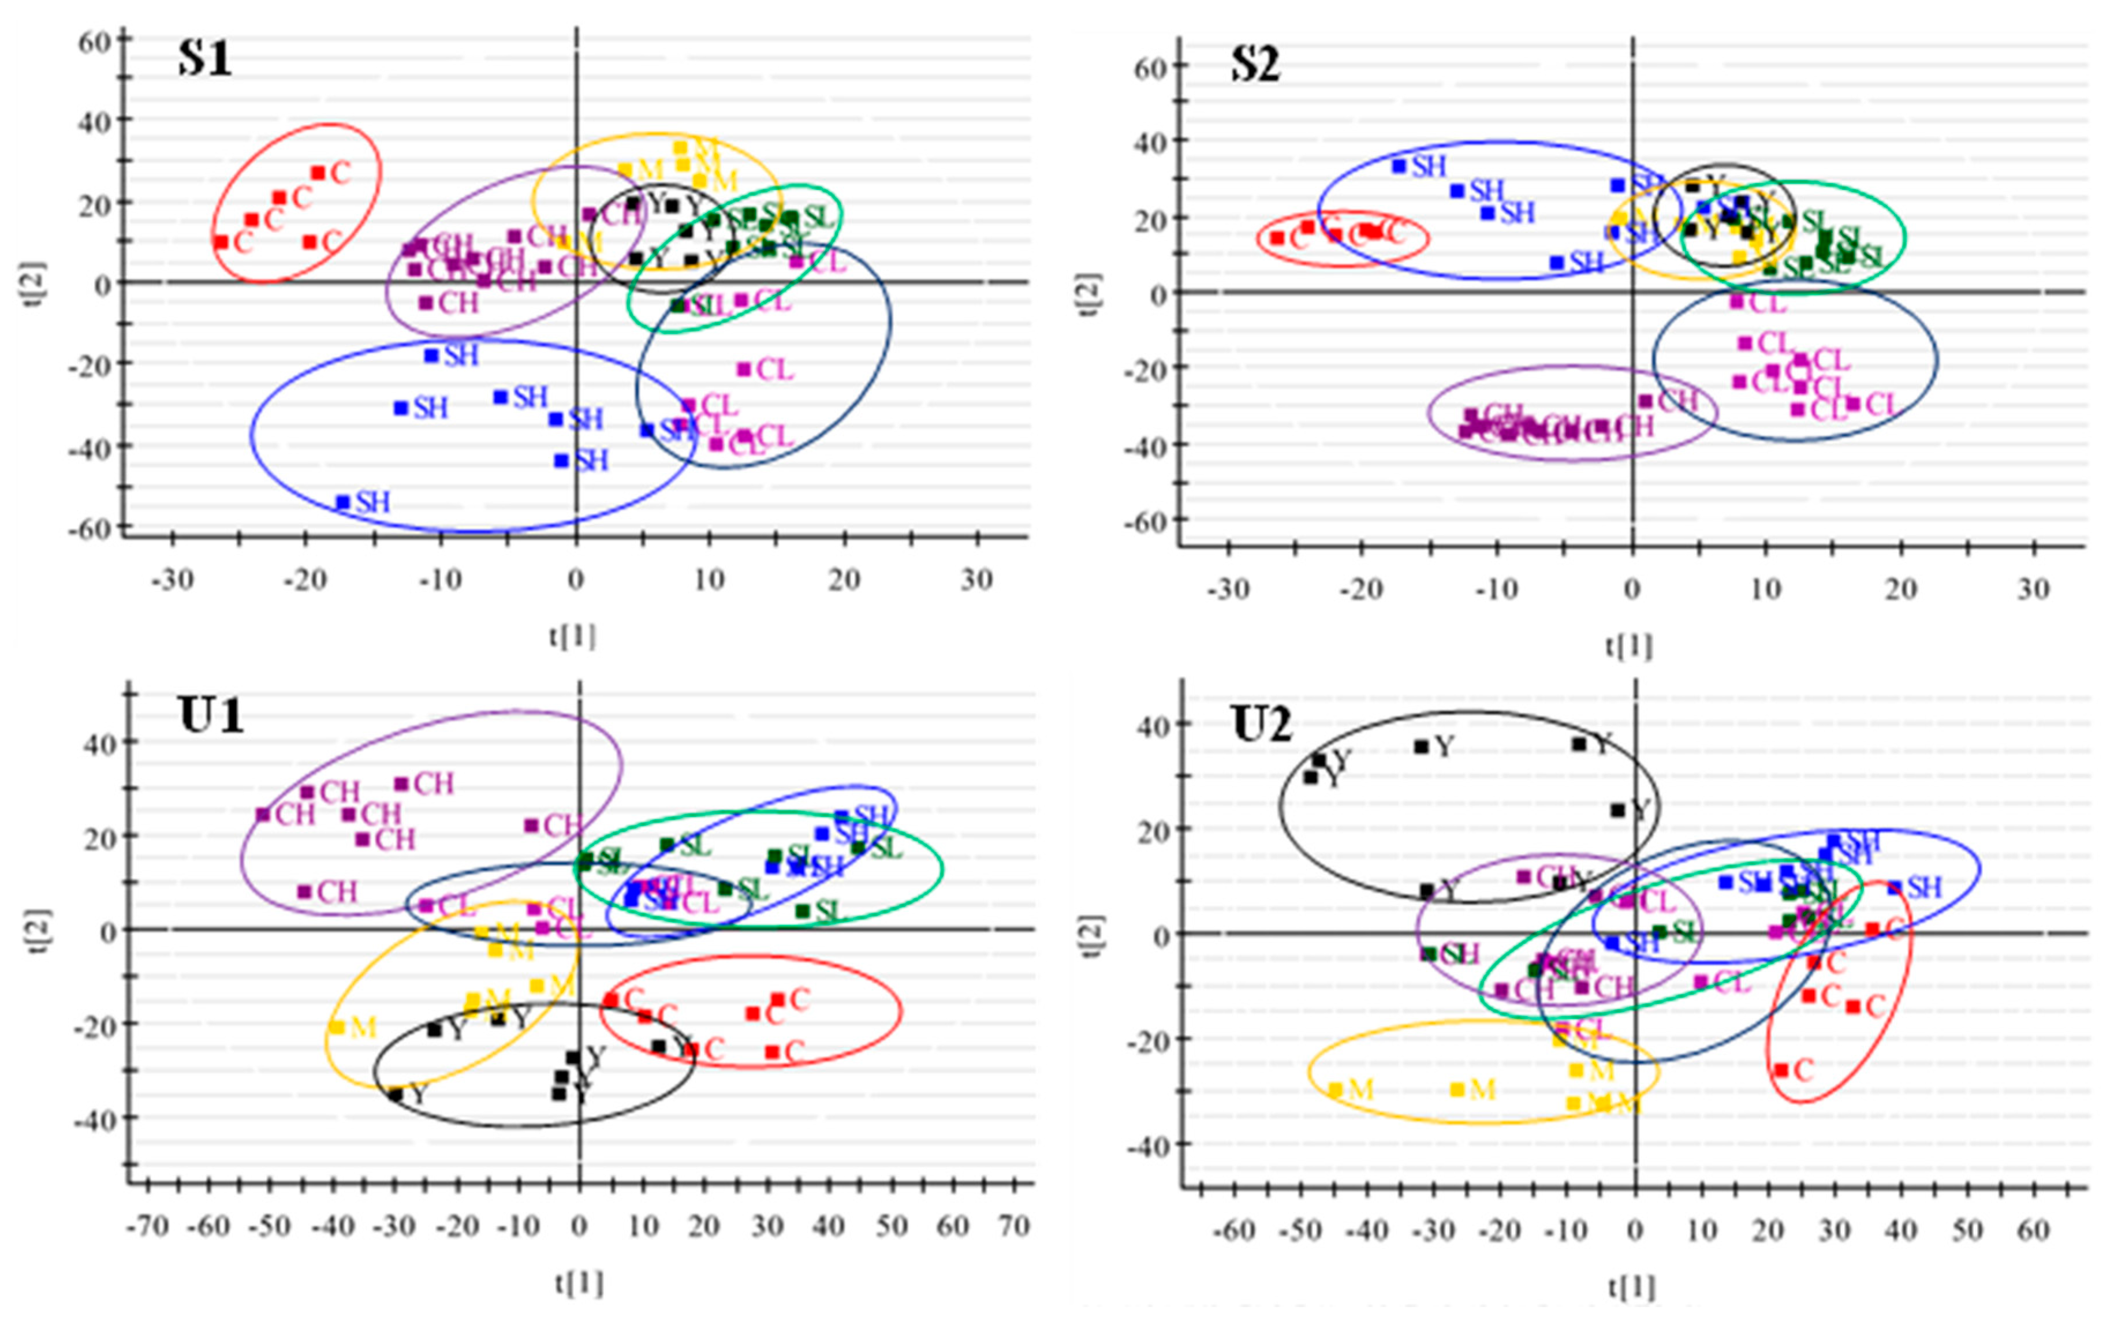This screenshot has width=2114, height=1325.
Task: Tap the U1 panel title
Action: pyautogui.click(x=211, y=716)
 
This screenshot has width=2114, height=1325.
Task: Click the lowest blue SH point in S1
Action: pyautogui.click(x=342, y=502)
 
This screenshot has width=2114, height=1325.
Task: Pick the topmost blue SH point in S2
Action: pyautogui.click(x=1399, y=166)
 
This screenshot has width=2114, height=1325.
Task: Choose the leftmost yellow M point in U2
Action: pyautogui.click(x=1335, y=1090)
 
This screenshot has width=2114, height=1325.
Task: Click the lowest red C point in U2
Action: pyautogui.click(x=1781, y=1070)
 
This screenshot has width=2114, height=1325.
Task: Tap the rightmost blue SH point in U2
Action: pyautogui.click(x=1895, y=888)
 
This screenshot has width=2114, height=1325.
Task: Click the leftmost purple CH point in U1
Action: pyautogui.click(x=262, y=814)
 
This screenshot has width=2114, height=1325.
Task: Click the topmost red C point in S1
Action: pyautogui.click(x=318, y=173)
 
